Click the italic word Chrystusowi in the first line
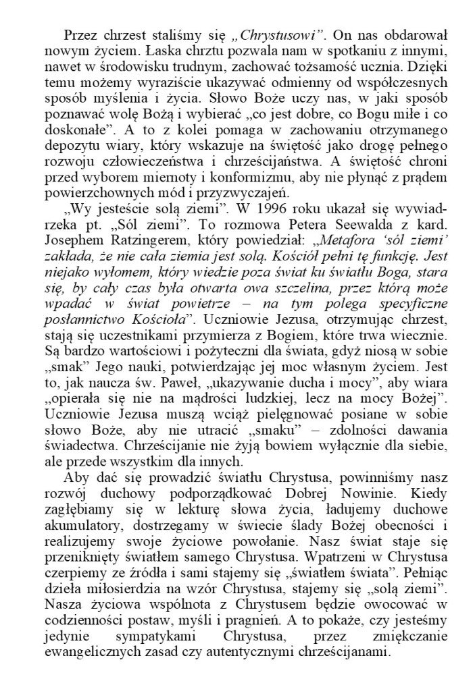click(259, 34)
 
